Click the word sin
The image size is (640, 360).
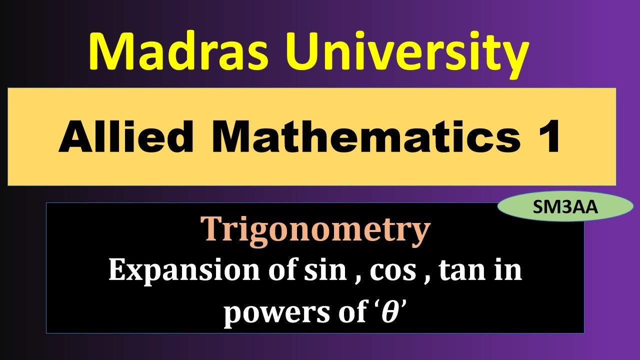[x=328, y=271]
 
